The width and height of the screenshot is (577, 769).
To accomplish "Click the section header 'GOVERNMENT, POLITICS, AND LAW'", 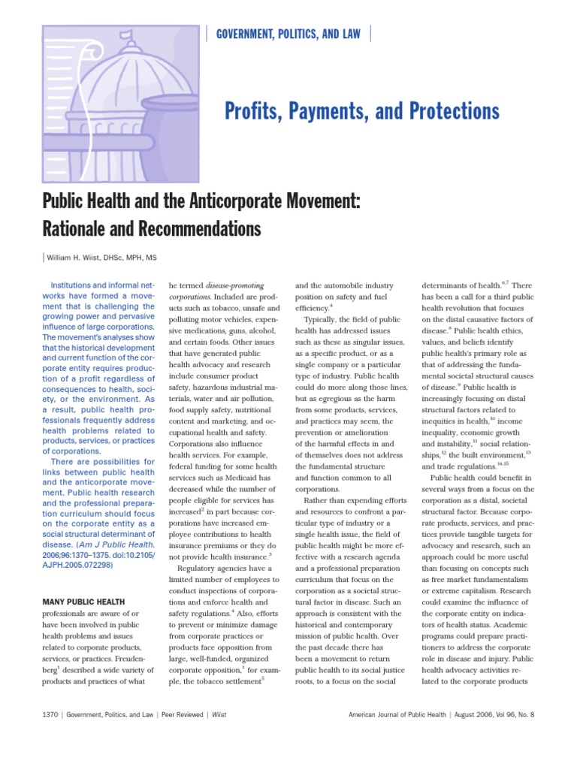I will coord(288,33).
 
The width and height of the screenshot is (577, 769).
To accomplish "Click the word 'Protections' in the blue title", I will coord(452,112).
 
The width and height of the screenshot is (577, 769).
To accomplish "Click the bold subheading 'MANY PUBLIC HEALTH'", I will coord(84,602).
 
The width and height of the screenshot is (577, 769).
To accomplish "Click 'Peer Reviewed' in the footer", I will coord(177,715).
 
